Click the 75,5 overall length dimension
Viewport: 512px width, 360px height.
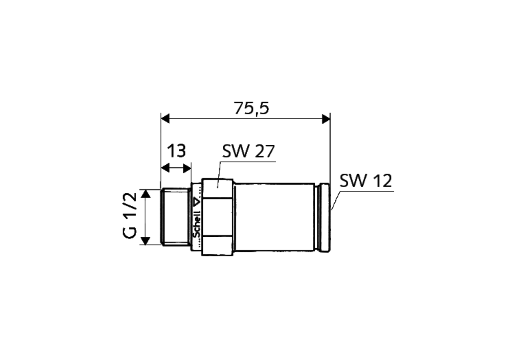[252, 108]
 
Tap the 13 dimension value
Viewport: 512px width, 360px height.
[176, 151]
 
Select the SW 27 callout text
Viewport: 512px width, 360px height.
[248, 151]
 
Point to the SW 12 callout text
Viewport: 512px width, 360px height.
[366, 180]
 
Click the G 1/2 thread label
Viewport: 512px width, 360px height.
[130, 216]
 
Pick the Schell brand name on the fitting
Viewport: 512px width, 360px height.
[196, 224]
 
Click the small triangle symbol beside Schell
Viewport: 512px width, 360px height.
[197, 202]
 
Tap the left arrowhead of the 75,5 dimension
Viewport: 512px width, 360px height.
[165, 119]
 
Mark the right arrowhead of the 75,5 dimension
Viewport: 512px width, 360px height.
[326, 119]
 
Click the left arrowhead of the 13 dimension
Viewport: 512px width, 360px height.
[165, 168]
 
